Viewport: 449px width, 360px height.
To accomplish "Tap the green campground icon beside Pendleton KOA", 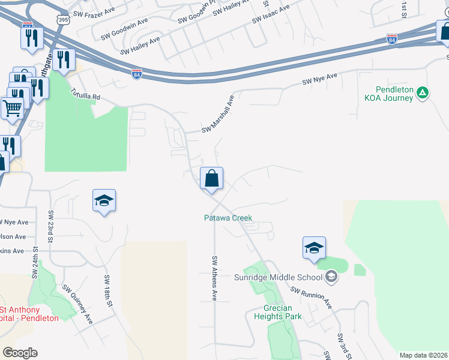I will [x=423, y=92].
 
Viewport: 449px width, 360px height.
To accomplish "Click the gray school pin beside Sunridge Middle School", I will [x=331, y=277].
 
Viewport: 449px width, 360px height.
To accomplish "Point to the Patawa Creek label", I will [x=228, y=218].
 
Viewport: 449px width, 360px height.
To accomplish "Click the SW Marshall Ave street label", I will [x=217, y=114].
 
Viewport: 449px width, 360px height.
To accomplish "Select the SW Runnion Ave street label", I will [x=312, y=297].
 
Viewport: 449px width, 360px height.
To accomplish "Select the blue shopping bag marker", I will [x=211, y=178].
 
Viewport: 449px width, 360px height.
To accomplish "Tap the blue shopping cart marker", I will [x=12, y=109].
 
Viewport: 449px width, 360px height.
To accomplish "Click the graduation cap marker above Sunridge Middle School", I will [x=314, y=248].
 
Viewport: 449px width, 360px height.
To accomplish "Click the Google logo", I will [x=20, y=353].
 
